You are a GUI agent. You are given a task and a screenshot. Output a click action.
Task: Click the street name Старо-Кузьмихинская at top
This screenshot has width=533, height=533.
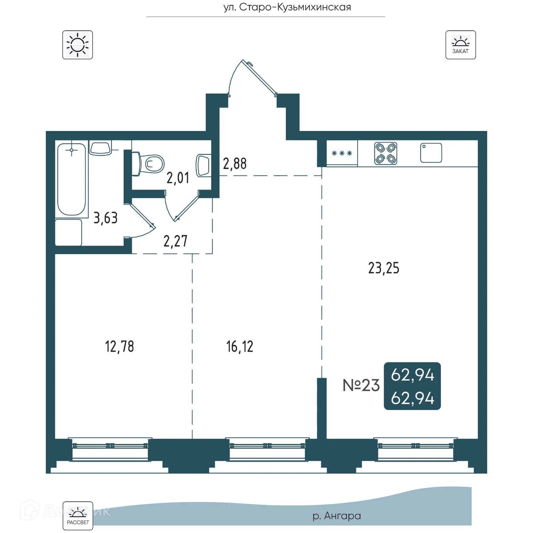pyautogui.click(x=287, y=7)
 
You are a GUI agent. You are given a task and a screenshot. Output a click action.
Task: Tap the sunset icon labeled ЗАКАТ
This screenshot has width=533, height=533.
pyautogui.click(x=460, y=45)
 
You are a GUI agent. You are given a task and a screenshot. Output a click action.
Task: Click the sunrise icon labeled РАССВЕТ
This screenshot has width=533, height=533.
pyautogui.click(x=78, y=515)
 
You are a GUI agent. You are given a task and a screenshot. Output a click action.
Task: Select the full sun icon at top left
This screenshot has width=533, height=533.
pyautogui.click(x=78, y=45)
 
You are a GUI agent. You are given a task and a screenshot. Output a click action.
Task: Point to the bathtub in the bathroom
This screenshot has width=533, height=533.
pyautogui.click(x=72, y=179)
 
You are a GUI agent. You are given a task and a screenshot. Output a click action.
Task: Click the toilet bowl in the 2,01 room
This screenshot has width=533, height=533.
pyautogui.click(x=152, y=164)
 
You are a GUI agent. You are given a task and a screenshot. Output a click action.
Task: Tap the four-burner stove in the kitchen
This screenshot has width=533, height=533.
pyautogui.click(x=385, y=154)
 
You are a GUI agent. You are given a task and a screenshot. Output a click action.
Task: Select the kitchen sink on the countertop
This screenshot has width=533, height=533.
pyautogui.click(x=431, y=153)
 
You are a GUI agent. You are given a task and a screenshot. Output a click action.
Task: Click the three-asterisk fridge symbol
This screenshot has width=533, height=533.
pyautogui.click(x=342, y=154)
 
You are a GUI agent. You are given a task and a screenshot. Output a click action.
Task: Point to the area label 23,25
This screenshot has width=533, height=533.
pyautogui.click(x=383, y=268)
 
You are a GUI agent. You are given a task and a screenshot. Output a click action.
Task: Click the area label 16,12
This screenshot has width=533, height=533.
pyautogui.click(x=240, y=347)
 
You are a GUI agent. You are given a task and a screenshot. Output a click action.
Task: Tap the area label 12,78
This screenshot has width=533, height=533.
pyautogui.click(x=119, y=347)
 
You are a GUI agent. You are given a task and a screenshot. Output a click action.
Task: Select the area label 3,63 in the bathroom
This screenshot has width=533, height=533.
pyautogui.click(x=105, y=218)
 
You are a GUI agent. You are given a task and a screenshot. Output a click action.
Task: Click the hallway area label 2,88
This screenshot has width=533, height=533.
pyautogui.click(x=235, y=164)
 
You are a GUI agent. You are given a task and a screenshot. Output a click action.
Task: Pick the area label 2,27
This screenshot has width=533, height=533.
pyautogui.click(x=175, y=241)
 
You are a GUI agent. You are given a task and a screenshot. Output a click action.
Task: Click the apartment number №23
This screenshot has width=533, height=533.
pyautogui.click(x=361, y=385)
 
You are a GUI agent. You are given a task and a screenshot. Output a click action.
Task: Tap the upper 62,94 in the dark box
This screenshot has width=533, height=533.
pyautogui.click(x=412, y=375)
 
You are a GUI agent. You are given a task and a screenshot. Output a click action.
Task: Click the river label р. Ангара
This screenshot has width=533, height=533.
pyautogui.click(x=337, y=516)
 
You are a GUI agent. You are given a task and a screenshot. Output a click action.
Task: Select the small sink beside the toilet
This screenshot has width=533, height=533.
pyautogui.click(x=203, y=165)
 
